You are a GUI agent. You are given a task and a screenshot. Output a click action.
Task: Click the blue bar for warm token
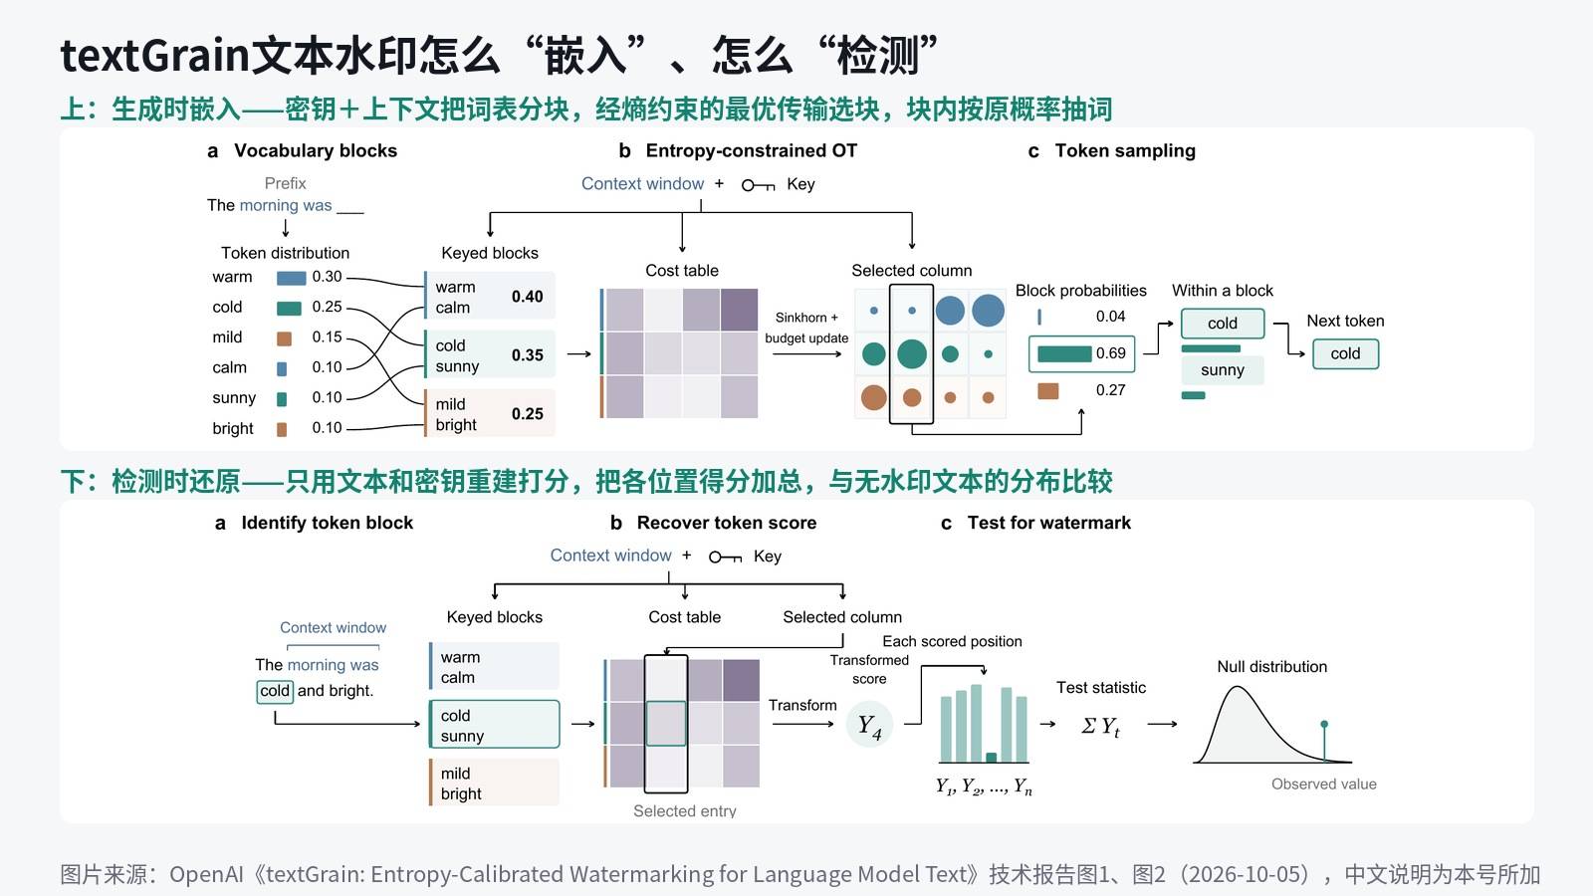(x=291, y=278)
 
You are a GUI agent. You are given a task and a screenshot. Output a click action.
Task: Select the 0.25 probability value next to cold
(x=328, y=307)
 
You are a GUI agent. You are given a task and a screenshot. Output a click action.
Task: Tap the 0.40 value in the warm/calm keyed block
(x=527, y=296)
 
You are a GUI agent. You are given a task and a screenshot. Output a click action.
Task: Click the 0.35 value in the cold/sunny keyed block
(x=527, y=354)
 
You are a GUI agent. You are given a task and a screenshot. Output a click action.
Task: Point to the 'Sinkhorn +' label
(x=806, y=318)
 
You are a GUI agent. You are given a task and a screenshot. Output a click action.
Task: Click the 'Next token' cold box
(x=1345, y=353)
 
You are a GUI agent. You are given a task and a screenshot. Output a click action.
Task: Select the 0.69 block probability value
(x=1110, y=352)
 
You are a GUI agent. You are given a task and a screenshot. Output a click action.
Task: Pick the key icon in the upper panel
(x=758, y=185)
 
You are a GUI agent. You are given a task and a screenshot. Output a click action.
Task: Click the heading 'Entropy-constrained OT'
(x=751, y=150)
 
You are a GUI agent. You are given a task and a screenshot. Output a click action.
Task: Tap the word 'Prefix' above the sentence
(x=285, y=183)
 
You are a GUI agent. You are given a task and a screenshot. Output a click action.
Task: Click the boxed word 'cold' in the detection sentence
(x=275, y=691)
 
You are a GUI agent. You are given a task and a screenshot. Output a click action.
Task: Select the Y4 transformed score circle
(x=869, y=726)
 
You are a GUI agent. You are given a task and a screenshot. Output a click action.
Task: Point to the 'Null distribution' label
(x=1271, y=666)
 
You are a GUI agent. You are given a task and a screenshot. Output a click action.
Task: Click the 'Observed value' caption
(x=1323, y=784)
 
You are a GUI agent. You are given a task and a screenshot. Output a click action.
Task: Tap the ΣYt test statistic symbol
(x=1100, y=726)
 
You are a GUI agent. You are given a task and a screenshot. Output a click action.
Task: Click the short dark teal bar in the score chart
(x=991, y=758)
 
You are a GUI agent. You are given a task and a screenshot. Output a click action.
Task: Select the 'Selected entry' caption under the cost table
(x=684, y=810)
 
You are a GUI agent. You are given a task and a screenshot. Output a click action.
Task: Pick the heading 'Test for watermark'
(x=1048, y=523)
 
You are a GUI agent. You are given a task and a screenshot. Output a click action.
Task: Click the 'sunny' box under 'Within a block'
(x=1222, y=369)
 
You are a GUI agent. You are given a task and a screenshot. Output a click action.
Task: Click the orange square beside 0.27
(x=1047, y=390)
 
